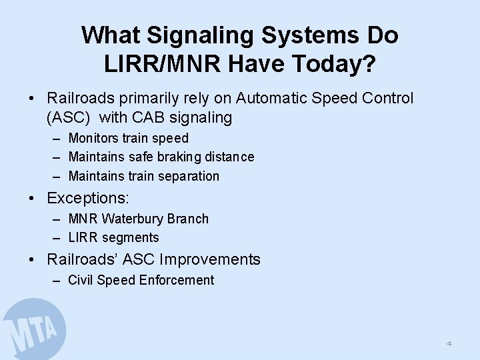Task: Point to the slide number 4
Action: tap(449, 344)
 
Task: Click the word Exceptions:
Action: tap(88, 199)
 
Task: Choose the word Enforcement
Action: tap(177, 280)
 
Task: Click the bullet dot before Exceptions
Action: tap(32, 199)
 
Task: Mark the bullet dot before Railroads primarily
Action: tap(32, 99)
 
